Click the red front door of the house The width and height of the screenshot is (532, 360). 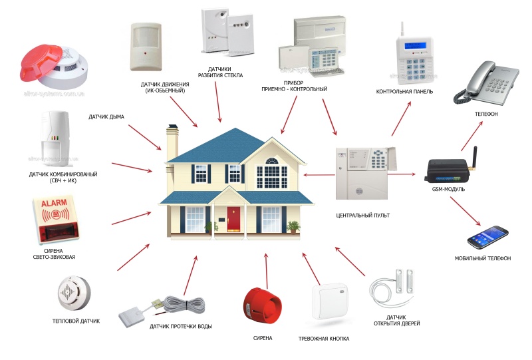coord(233,220)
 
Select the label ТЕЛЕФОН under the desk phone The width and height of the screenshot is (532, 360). coord(486,114)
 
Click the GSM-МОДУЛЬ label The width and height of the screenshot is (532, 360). coord(448,189)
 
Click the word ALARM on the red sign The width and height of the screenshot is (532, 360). coord(55,203)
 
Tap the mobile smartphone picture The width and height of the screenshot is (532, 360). coord(487,237)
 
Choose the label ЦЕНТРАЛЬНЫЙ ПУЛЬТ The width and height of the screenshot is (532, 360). coord(362,216)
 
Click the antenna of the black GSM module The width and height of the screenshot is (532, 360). coord(473,158)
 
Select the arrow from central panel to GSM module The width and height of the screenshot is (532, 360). coord(402,174)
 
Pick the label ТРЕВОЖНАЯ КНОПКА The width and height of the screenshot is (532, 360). coord(324,339)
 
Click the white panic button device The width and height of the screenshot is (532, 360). coord(330,301)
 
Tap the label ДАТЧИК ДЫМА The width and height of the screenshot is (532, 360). coord(106,117)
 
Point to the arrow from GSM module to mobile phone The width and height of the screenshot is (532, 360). coord(465,211)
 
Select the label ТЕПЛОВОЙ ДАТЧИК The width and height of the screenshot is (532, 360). coord(76,321)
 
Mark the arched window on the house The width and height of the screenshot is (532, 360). coord(272,160)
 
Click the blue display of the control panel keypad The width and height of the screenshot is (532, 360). coord(415,45)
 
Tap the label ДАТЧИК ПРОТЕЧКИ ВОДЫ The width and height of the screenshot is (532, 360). coord(180,326)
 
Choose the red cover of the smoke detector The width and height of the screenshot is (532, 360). coord(41,63)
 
